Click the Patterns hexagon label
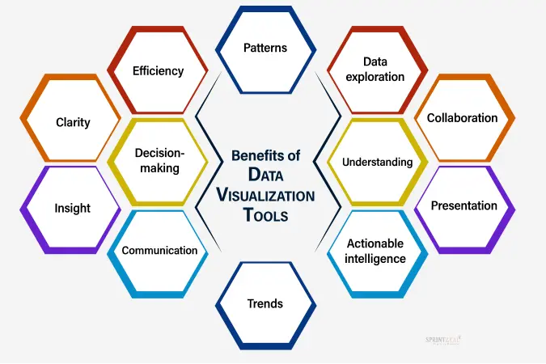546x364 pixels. click(265, 48)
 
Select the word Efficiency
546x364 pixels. click(158, 71)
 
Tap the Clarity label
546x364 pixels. click(73, 122)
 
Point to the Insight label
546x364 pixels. click(73, 209)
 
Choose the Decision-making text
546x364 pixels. click(160, 161)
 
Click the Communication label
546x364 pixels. click(160, 251)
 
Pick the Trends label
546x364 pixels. click(265, 304)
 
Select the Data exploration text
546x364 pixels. click(375, 70)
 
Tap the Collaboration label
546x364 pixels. click(462, 118)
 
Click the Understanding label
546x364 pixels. click(378, 162)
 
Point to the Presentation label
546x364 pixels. click(464, 205)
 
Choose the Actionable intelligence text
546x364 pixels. click(375, 251)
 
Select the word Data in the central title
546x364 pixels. click(265, 175)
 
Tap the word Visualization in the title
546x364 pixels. click(265, 196)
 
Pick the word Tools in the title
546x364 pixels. click(265, 215)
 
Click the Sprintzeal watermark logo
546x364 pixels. click(443, 340)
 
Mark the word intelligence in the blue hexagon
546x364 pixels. click(375, 259)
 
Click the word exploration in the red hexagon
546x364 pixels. click(375, 77)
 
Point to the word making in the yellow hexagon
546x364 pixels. click(160, 168)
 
